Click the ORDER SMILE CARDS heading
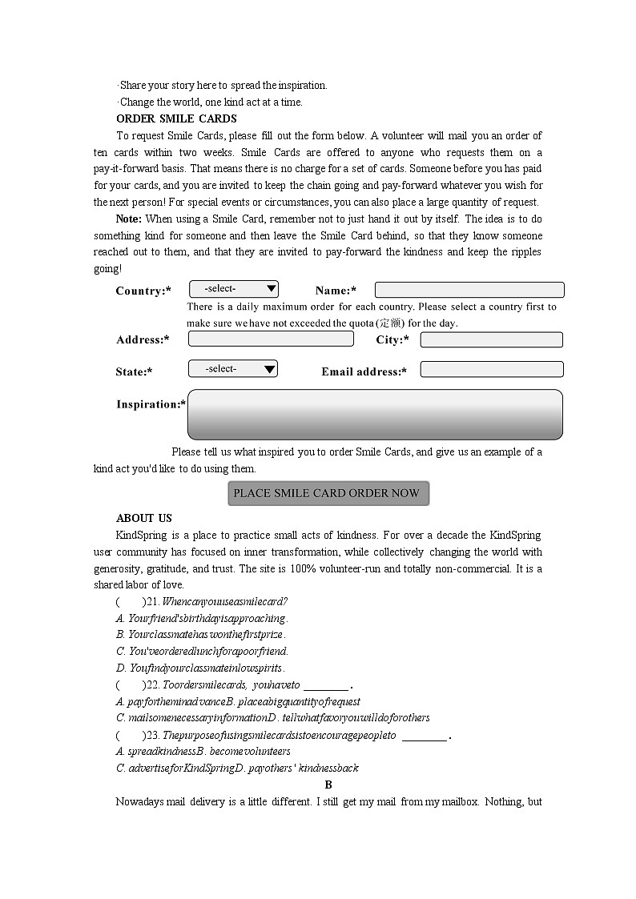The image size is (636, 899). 176,119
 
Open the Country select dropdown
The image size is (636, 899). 234,289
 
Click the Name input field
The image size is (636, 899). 469,290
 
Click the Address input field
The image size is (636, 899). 271,339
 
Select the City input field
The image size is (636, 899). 491,339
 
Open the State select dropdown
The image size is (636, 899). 233,369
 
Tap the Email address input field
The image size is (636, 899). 491,370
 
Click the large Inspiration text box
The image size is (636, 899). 374,414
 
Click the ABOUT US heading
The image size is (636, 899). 144,518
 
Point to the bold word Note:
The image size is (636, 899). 129,219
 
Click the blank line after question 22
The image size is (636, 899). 326,686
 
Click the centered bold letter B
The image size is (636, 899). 328,785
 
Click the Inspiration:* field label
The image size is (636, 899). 151,404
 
